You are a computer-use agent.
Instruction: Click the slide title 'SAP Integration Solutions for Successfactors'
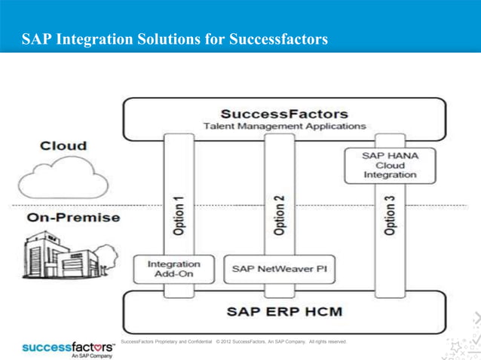pos(175,38)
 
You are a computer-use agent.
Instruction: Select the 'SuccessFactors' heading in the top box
pos(284,114)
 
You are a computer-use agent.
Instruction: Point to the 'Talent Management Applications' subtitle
pos(284,127)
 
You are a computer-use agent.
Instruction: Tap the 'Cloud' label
pos(63,145)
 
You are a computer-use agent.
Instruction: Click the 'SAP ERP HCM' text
pos(284,310)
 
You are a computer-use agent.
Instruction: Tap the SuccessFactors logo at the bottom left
pos(68,347)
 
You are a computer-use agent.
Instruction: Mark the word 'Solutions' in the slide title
pos(165,38)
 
